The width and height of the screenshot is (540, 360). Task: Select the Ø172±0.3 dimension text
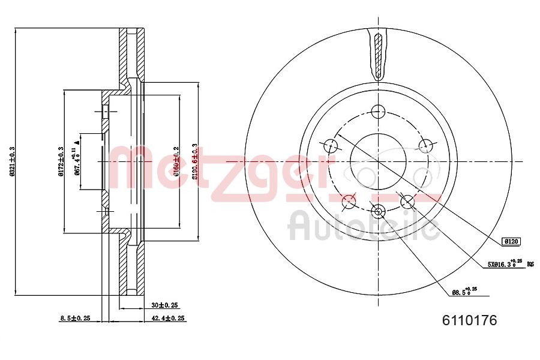[x=61, y=161]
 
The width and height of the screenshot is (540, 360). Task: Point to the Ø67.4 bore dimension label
[x=77, y=161]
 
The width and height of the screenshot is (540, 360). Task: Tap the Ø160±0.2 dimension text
[x=176, y=161]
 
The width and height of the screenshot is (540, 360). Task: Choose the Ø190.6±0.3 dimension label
[x=195, y=161]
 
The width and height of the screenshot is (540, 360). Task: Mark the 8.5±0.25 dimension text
[x=75, y=318]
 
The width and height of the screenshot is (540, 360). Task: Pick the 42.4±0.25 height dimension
[x=167, y=318]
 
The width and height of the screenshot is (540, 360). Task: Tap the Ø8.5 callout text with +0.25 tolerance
[x=464, y=292]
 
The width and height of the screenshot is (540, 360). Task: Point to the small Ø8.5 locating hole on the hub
[x=377, y=211]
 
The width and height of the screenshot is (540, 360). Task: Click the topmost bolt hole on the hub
[x=377, y=111]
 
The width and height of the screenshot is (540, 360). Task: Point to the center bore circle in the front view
[x=377, y=161]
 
